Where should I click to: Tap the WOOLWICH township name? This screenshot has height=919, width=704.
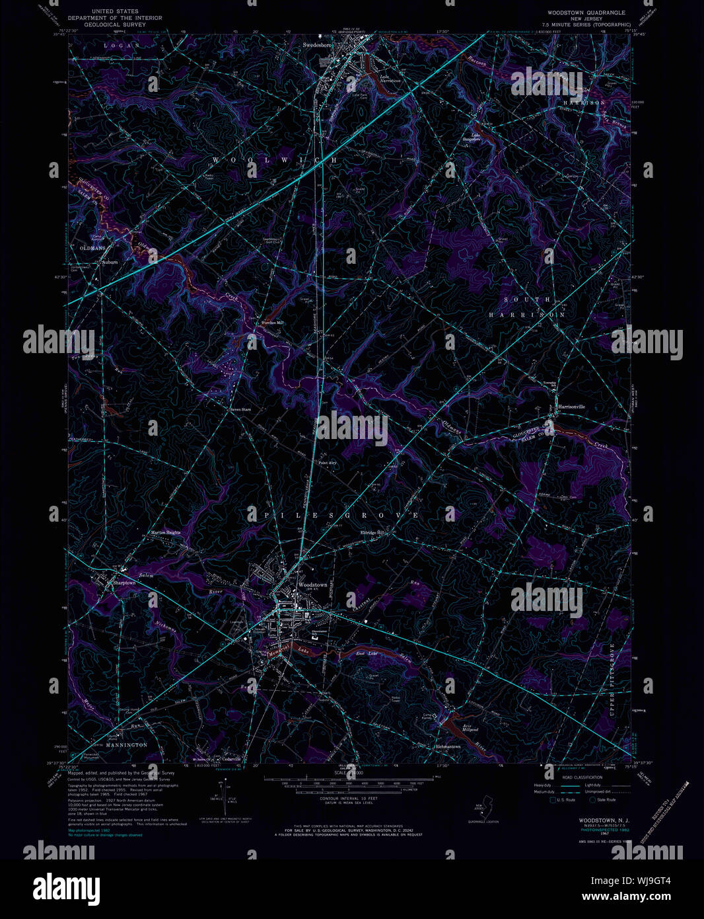274,160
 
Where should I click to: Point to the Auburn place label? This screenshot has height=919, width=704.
110,262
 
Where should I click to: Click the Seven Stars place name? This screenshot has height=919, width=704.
240,409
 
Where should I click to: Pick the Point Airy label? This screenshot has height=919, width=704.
328,463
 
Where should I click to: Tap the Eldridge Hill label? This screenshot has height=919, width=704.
372,533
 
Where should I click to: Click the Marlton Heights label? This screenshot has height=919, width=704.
165,532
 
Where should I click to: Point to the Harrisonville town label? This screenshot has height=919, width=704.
571,407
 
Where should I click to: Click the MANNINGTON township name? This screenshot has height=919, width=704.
127,744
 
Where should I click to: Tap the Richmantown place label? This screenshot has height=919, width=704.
448,746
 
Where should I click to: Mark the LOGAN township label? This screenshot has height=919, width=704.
122,45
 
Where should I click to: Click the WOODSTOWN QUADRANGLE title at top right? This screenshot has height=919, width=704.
586,13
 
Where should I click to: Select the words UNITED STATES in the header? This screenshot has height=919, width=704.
115,11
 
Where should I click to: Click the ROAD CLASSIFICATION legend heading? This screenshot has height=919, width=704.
581,778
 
